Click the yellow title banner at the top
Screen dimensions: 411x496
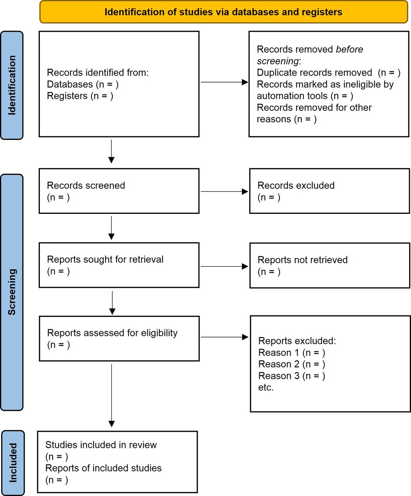tap(224, 12)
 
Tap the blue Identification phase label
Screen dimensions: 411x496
tap(12, 85)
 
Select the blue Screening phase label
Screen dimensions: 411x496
tap(12, 292)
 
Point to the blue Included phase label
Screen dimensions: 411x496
tap(13, 463)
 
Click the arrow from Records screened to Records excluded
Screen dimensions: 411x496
tap(224, 191)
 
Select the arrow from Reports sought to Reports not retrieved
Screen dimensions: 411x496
tap(224, 266)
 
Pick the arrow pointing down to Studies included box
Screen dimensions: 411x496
tap(111, 396)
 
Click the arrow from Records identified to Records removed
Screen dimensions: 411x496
tap(224, 82)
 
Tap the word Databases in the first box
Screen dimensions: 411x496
tap(70, 84)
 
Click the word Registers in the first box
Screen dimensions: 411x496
tap(67, 96)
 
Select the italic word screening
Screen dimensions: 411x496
tap(277, 61)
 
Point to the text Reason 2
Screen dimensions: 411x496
tap(279, 364)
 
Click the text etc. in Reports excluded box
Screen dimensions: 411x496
tap(266, 387)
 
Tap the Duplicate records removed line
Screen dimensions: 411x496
tap(329, 73)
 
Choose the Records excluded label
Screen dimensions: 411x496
tap(296, 186)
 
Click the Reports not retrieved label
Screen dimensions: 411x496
tap(303, 260)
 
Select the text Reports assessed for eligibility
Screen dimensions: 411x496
tap(112, 333)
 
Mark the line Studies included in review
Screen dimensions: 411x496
tap(101, 445)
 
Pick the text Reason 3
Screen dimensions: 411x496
tap(279, 376)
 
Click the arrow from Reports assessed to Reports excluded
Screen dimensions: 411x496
tap(224, 337)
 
